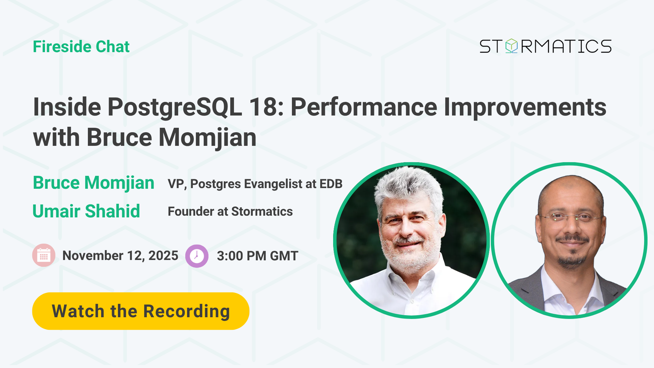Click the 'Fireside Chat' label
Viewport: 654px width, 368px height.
[x=81, y=47]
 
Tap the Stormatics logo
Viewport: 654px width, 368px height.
[x=545, y=46]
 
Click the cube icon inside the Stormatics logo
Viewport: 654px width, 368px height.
[x=511, y=46]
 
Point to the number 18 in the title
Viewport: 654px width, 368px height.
[x=266, y=107]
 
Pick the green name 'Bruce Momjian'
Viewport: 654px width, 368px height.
[x=94, y=183]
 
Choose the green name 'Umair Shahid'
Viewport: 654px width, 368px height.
[x=86, y=211]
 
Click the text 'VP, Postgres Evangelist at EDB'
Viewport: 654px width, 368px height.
[x=255, y=184]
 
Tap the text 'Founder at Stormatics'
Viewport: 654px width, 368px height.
[x=230, y=212]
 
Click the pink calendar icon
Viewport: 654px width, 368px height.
[x=44, y=255]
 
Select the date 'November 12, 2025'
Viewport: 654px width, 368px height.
[x=120, y=256]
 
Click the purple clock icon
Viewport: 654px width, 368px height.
[x=197, y=256]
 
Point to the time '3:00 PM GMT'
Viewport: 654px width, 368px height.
[x=258, y=256]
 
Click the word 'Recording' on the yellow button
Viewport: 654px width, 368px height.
[x=187, y=312]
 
